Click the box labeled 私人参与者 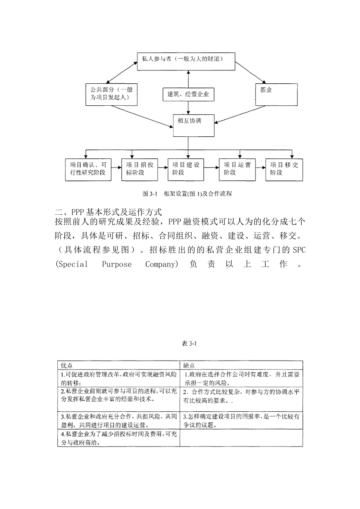(x=186, y=62)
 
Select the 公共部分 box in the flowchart (x=111, y=94)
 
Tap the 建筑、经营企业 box (x=188, y=94)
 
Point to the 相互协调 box (x=193, y=125)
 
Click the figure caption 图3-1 (x=187, y=194)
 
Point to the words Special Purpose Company (x=117, y=264)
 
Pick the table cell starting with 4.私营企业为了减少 (x=119, y=438)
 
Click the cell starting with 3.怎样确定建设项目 (x=241, y=420)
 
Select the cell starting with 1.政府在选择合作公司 (x=241, y=378)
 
